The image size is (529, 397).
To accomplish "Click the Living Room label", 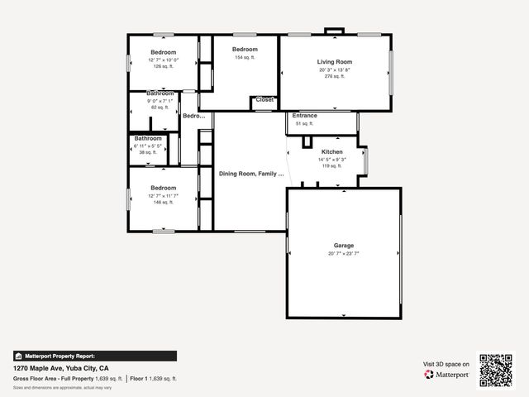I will [335, 62].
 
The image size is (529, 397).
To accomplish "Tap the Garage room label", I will [344, 246].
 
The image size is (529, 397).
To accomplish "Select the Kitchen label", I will [331, 152].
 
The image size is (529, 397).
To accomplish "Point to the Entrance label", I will [304, 116].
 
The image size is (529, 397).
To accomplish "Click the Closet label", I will [264, 99].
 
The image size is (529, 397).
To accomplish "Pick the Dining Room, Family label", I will [251, 174].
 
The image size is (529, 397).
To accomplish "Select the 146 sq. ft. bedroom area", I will [163, 203].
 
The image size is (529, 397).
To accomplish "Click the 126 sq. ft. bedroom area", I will [163, 67].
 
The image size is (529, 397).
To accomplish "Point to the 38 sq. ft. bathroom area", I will [148, 153].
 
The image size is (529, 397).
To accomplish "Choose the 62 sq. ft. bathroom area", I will [160, 108].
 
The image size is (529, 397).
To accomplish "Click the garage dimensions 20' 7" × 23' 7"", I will [344, 254].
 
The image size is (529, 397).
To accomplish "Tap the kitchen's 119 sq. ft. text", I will [331, 166].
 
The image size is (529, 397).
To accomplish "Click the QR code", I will [497, 371].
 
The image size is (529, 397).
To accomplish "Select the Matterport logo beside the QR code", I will [447, 375].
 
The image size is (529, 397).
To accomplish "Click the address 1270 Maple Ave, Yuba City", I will [73, 368].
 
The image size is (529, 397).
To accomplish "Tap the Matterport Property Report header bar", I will [94, 356].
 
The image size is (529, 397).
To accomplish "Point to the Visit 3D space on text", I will [446, 364].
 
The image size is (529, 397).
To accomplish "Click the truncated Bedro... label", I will [193, 117].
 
